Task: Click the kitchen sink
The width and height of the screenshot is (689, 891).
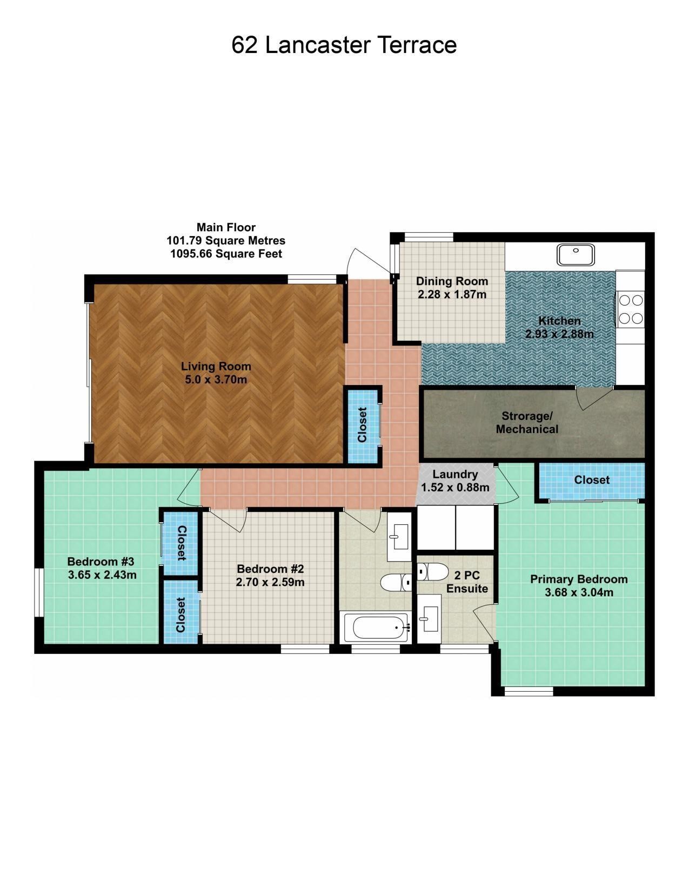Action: click(576, 255)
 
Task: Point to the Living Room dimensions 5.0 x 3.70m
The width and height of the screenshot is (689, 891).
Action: click(216, 379)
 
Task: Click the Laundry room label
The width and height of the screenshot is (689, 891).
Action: click(455, 474)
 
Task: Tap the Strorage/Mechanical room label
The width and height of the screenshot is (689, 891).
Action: click(527, 422)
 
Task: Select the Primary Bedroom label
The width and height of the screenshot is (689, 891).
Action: click(579, 579)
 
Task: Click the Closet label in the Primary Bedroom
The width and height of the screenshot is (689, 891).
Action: click(592, 480)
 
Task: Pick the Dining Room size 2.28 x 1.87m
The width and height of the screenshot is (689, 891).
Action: click(452, 294)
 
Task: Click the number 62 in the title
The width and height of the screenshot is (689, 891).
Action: click(245, 45)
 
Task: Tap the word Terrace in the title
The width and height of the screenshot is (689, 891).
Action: click(417, 45)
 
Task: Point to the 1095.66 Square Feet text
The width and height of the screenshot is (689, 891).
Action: click(226, 254)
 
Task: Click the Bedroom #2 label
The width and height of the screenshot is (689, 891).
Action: click(270, 569)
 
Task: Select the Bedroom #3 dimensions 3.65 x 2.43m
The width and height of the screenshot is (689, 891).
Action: click(102, 575)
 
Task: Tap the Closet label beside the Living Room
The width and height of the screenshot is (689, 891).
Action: click(362, 425)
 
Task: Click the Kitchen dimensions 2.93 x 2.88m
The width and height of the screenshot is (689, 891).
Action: click(559, 334)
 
